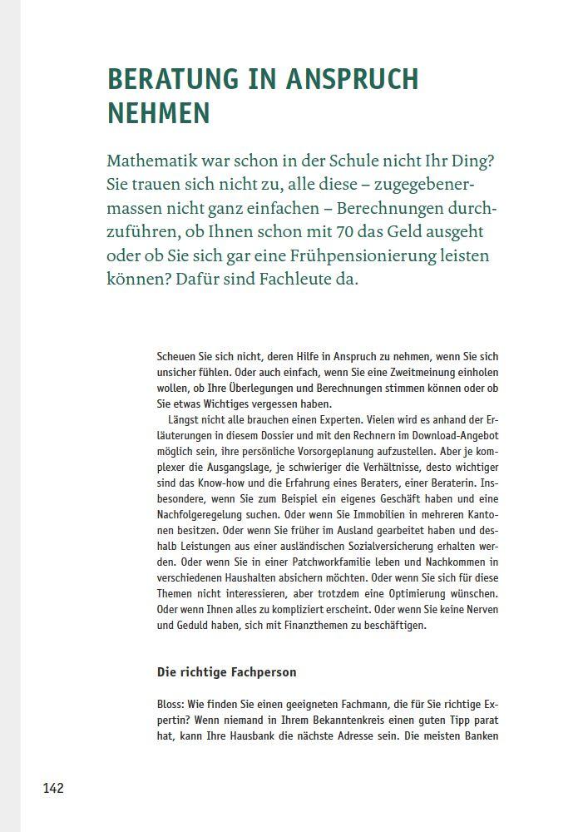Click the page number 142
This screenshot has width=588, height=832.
[53, 788]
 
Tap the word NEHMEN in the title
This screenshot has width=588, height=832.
[159, 112]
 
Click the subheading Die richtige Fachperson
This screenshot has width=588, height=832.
[226, 671]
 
